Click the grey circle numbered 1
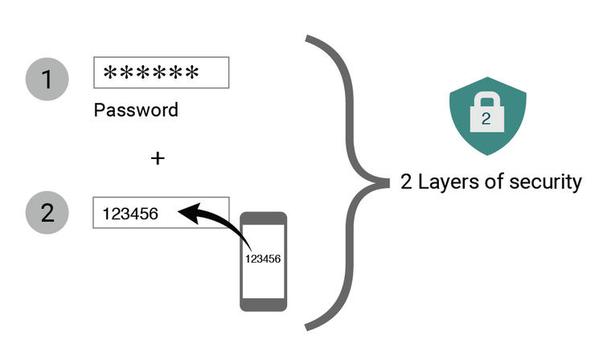pyautogui.click(x=46, y=79)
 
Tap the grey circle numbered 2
pyautogui.click(x=46, y=214)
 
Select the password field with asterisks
pyautogui.click(x=162, y=74)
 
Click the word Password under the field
pyautogui.click(x=136, y=109)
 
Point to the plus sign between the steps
pyautogui.click(x=158, y=158)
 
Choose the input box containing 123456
pyautogui.click(x=162, y=213)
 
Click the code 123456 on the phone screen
pyautogui.click(x=264, y=259)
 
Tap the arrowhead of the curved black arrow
pyautogui.click(x=187, y=213)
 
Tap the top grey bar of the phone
pyautogui.click(x=264, y=218)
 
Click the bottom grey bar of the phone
pyautogui.click(x=264, y=303)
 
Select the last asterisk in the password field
pyautogui.click(x=191, y=75)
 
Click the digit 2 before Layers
pyautogui.click(x=406, y=182)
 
